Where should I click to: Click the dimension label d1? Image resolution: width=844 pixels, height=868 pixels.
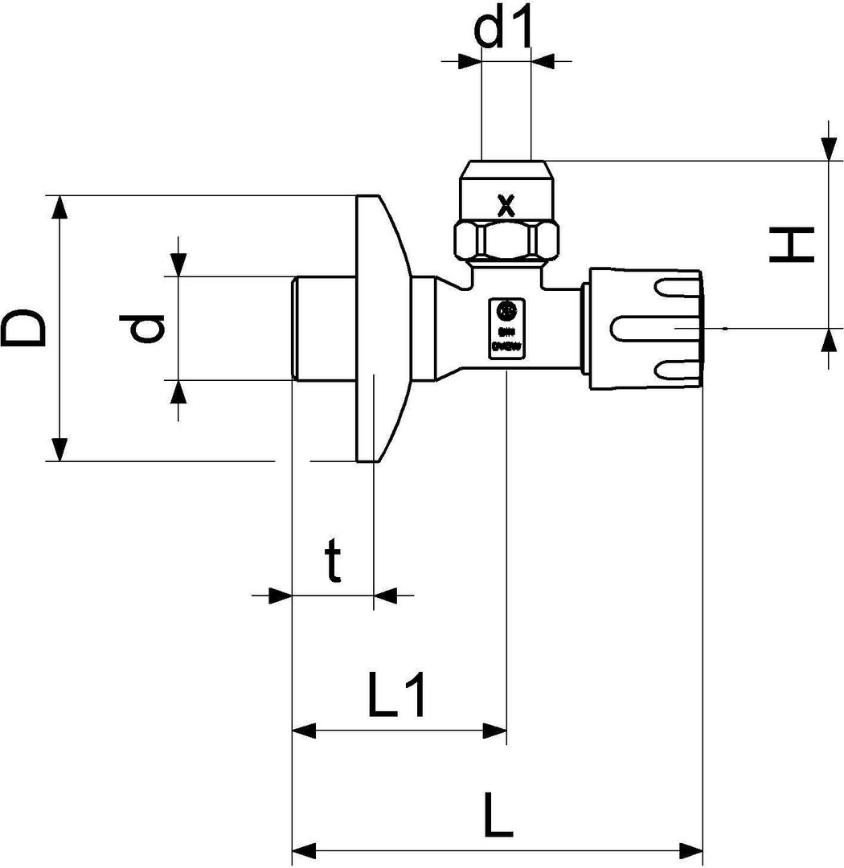(x=505, y=30)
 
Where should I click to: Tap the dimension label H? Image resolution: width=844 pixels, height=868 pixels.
(x=793, y=244)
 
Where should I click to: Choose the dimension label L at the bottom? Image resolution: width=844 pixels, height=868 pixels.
(x=498, y=816)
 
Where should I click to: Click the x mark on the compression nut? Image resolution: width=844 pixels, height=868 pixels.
(x=506, y=205)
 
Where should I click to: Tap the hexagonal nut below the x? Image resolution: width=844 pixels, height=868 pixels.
(x=506, y=240)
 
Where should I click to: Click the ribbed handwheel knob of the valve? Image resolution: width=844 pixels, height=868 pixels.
(x=647, y=330)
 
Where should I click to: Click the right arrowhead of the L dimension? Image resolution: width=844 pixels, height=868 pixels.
(x=691, y=850)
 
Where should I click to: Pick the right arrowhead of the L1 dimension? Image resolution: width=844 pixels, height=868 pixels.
(x=494, y=731)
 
